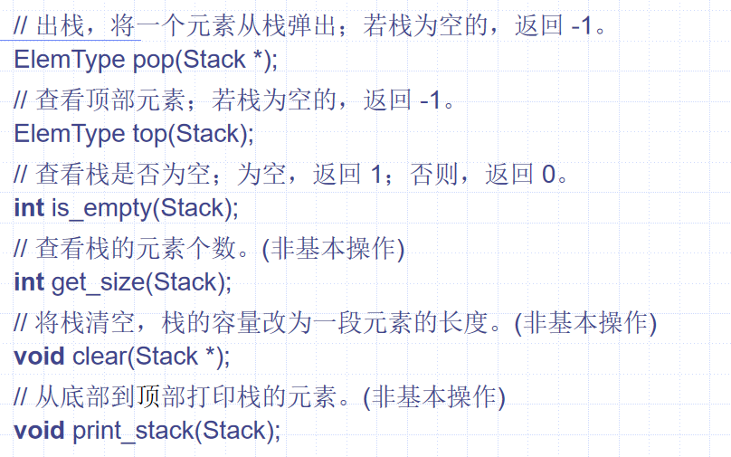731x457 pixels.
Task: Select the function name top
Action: pos(151,134)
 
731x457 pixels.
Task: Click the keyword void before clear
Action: pos(40,356)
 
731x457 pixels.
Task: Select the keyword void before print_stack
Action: pos(40,430)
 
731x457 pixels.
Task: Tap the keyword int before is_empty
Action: pos(29,208)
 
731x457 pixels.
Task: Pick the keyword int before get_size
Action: pos(29,282)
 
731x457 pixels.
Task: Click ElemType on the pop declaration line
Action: pos(70,61)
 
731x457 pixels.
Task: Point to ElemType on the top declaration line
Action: pos(70,134)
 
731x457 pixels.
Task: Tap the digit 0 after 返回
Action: pos(549,173)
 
